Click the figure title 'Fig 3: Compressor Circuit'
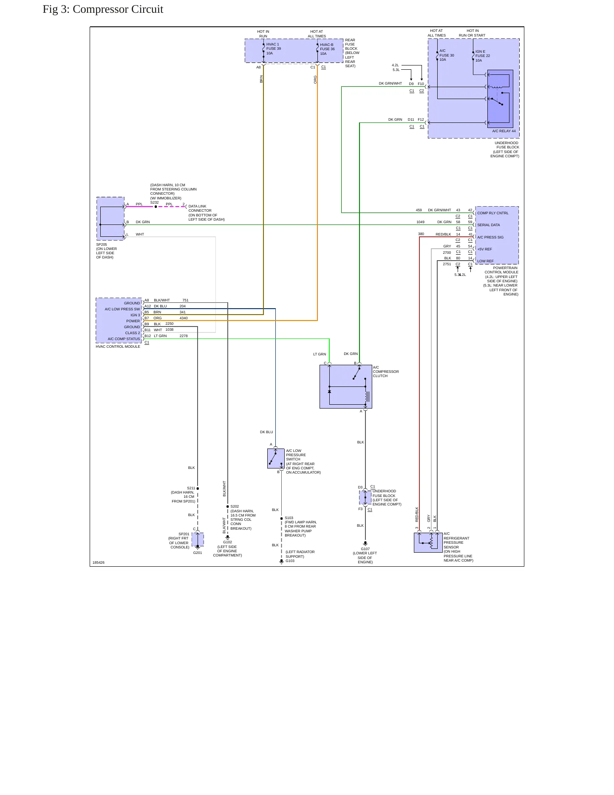click(103, 9)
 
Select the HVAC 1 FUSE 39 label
click(274, 46)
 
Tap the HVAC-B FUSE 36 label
click(327, 47)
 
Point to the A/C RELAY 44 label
click(504, 131)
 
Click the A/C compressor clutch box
click(346, 386)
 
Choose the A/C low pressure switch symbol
click(276, 458)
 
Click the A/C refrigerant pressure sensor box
click(428, 542)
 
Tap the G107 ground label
click(365, 549)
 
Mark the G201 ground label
click(198, 553)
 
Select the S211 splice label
click(191, 488)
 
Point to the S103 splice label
click(289, 518)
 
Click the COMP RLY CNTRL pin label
click(493, 213)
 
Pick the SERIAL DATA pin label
click(489, 225)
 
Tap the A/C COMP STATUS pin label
click(124, 339)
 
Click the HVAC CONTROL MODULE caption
click(118, 346)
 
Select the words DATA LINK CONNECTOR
click(200, 208)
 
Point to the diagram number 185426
click(99, 562)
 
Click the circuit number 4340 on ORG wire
click(184, 318)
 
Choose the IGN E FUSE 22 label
click(483, 56)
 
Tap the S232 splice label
click(154, 202)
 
